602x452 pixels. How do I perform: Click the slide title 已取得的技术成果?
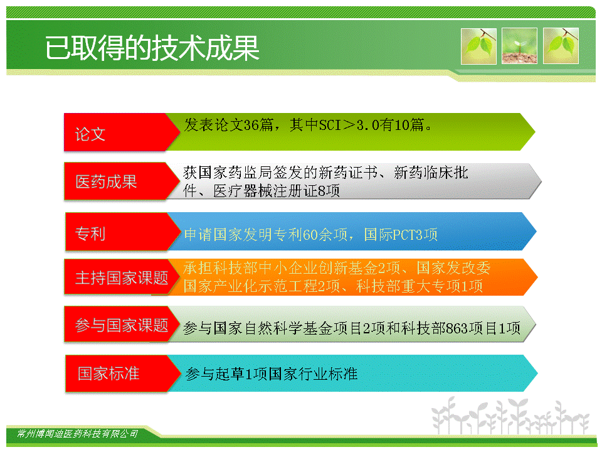pyautogui.click(x=152, y=48)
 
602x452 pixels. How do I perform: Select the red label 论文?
pyautogui.click(x=90, y=134)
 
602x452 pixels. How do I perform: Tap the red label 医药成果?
pyautogui.click(x=106, y=182)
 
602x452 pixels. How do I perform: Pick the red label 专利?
pyautogui.click(x=90, y=234)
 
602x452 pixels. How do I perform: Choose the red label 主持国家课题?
pyautogui.click(x=122, y=277)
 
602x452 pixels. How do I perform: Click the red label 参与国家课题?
pyautogui.click(x=122, y=325)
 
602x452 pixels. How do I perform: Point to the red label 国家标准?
pyautogui.click(x=108, y=373)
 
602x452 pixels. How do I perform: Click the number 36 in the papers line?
pyautogui.click(x=251, y=125)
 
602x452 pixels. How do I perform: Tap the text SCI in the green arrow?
pyautogui.click(x=330, y=125)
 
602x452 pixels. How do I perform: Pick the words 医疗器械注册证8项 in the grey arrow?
pyautogui.click(x=277, y=191)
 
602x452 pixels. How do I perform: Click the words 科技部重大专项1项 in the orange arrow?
pyautogui.click(x=420, y=286)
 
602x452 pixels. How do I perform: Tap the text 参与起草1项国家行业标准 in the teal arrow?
pyautogui.click(x=272, y=374)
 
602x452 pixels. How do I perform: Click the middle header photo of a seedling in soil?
pyautogui.click(x=519, y=46)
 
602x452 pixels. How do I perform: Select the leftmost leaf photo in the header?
pyautogui.click(x=478, y=46)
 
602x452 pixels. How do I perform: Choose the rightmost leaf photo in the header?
pyautogui.click(x=561, y=46)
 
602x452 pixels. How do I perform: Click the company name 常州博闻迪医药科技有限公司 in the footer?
pyautogui.click(x=78, y=434)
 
